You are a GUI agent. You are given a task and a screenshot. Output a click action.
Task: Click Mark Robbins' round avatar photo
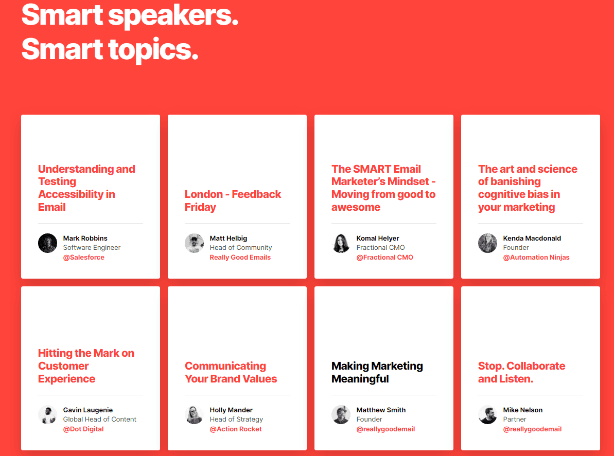(47, 243)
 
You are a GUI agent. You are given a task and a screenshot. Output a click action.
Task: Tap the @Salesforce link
(84, 258)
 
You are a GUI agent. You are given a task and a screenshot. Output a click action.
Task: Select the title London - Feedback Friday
(233, 200)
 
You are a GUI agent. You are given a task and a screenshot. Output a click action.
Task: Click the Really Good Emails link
(240, 258)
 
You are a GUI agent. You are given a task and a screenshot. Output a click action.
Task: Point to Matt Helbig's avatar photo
(194, 243)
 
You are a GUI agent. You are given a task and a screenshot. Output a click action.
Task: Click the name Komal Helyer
(377, 238)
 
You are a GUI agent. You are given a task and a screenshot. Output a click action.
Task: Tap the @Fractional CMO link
(384, 258)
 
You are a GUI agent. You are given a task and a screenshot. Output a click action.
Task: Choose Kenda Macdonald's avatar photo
(487, 243)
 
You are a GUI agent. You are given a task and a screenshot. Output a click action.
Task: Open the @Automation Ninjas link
(536, 258)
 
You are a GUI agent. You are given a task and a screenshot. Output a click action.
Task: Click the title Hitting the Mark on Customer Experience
(86, 366)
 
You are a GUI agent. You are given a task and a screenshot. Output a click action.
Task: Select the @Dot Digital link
(83, 429)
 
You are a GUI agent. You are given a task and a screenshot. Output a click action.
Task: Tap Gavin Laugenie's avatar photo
(47, 414)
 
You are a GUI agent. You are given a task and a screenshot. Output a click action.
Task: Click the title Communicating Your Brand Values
(231, 372)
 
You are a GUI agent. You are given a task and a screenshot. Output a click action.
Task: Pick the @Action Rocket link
(236, 429)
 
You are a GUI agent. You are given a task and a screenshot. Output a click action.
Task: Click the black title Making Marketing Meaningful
(377, 372)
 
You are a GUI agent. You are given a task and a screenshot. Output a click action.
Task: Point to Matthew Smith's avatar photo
(341, 414)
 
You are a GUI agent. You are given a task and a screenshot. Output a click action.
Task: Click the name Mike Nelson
(523, 410)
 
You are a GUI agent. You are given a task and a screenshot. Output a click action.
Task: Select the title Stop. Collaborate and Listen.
(521, 372)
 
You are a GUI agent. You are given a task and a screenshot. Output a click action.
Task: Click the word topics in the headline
(153, 50)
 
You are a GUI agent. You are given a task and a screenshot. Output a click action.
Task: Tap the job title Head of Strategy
(236, 419)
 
